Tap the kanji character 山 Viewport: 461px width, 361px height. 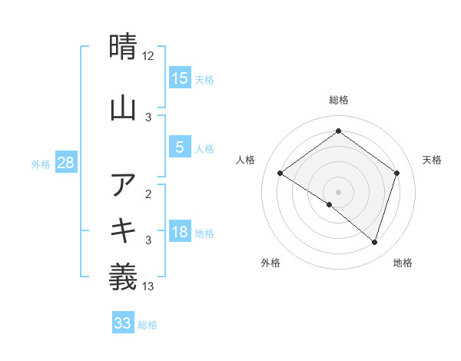point(124,108)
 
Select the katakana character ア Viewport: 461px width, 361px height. point(124,184)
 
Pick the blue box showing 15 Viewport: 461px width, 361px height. point(180,78)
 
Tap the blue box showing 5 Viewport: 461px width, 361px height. point(180,147)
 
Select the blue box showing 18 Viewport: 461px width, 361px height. point(180,232)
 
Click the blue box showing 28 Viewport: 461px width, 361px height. point(65,163)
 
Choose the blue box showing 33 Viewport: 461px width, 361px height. point(123,323)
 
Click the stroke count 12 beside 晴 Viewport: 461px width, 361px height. point(148,56)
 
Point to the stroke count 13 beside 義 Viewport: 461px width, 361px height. point(148,286)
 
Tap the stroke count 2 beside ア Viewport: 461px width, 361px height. point(148,194)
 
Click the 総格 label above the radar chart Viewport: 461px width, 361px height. point(338,100)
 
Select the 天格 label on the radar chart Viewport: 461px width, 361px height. point(432,160)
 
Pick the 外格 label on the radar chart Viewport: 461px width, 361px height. point(270,263)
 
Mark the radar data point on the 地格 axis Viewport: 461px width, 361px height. point(375,243)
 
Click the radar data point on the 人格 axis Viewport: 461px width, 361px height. point(280,174)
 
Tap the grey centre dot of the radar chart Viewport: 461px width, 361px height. point(338,191)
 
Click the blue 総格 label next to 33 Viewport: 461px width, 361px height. point(148,325)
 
